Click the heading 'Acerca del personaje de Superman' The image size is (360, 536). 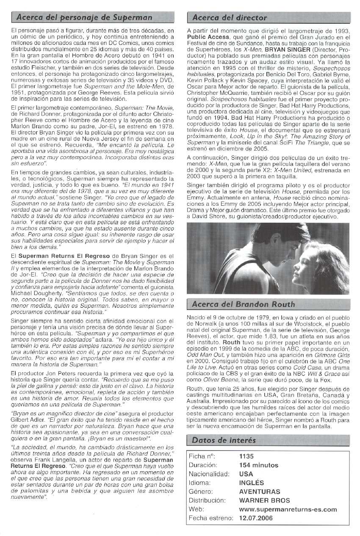pos(84,18)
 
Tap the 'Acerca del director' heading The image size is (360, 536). pos(230,18)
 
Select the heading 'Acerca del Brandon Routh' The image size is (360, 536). pos(243,304)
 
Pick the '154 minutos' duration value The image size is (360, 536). pos(258,465)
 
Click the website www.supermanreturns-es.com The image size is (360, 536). pos(288,509)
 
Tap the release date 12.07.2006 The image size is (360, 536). pos(256,518)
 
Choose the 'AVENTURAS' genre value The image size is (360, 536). pos(259,492)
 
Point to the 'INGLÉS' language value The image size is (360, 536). pos(251,483)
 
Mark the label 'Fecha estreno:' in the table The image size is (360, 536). pos(211,518)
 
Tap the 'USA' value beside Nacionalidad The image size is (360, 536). pos(246,474)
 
